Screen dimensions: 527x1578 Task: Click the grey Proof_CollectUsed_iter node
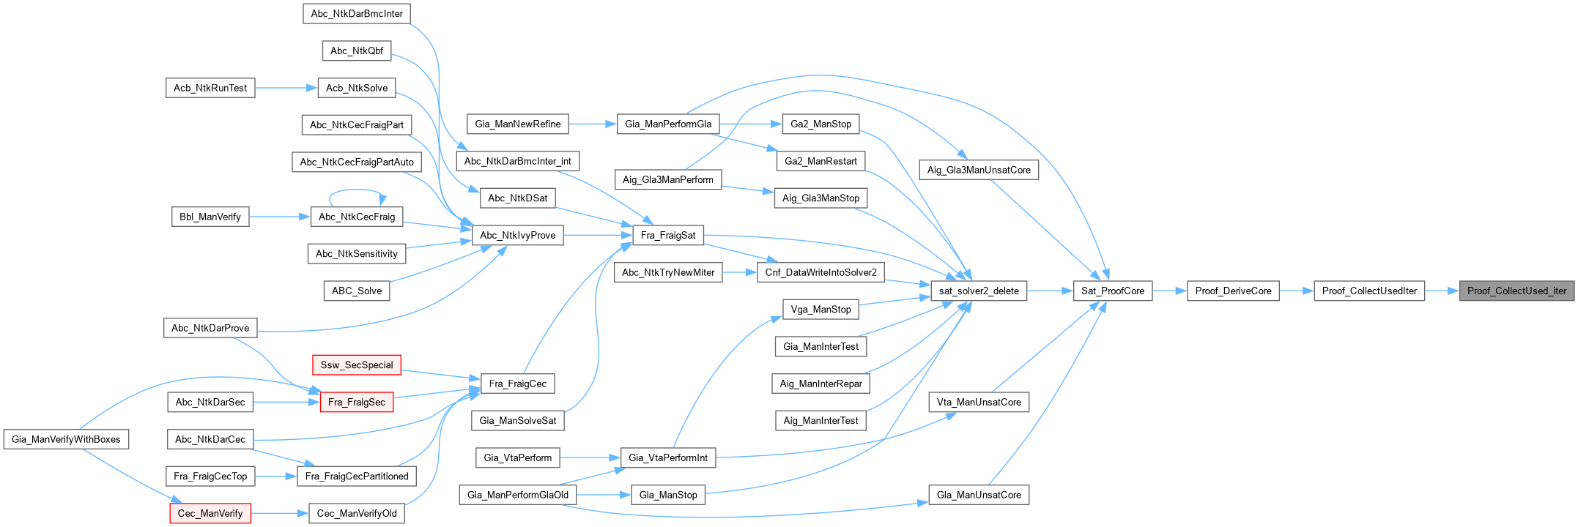click(1516, 291)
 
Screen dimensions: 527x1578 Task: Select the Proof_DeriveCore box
click(1233, 291)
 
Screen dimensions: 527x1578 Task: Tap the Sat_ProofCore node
click(1112, 291)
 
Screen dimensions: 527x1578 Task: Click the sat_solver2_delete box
click(979, 291)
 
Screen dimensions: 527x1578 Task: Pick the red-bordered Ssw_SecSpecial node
click(356, 365)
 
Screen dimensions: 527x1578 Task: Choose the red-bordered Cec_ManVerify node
click(210, 513)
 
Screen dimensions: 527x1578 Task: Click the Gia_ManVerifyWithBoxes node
click(66, 439)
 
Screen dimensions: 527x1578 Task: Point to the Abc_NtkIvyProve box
click(518, 235)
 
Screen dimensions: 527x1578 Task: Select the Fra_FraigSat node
click(668, 235)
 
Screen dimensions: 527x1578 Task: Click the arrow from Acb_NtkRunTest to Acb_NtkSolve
click(286, 88)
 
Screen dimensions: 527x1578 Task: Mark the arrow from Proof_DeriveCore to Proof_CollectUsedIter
click(1296, 291)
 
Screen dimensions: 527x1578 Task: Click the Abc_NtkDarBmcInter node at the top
click(357, 13)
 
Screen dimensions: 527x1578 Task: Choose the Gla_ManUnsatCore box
click(979, 495)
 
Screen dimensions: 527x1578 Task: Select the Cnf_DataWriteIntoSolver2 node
click(821, 272)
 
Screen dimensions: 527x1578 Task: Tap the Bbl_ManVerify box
click(210, 217)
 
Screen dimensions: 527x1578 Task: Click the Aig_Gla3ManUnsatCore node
click(979, 170)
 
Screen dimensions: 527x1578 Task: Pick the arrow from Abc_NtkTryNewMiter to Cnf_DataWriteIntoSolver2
click(739, 272)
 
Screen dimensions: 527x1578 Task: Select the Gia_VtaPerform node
click(518, 457)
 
